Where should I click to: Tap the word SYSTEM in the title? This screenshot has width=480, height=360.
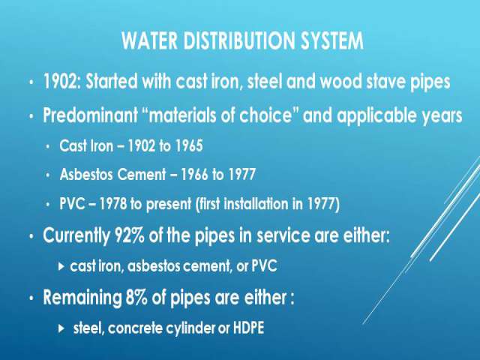pos(332,40)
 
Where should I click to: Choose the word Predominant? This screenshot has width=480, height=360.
pos(91,115)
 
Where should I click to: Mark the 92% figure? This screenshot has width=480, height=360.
pos(129,235)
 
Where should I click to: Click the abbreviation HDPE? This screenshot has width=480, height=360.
pos(248,328)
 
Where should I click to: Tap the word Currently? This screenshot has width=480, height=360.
pos(76,236)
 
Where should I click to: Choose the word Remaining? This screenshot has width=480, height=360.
pos(82,298)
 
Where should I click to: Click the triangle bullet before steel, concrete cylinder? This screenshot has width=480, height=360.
pos(61,328)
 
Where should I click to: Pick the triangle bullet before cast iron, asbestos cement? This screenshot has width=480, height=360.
pos(61,266)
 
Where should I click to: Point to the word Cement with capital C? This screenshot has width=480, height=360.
pos(142,175)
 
